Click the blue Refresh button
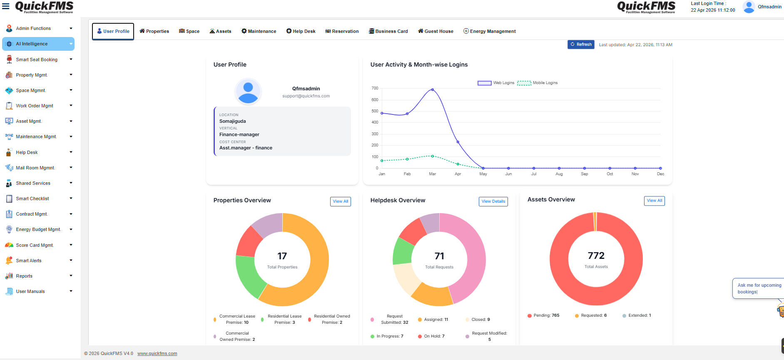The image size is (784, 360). point(581,45)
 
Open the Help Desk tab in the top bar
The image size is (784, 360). point(301,31)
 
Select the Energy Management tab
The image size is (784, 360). point(490,31)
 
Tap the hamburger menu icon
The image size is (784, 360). point(6,6)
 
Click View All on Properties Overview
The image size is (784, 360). point(341,201)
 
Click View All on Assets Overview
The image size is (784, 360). point(655,201)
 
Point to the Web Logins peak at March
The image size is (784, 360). point(433,89)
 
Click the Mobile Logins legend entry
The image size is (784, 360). point(538,83)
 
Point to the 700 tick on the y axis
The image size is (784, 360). point(375,88)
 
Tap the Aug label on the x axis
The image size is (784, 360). point(559,174)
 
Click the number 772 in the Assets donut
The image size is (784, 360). point(596,256)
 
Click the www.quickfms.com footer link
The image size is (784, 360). point(157,353)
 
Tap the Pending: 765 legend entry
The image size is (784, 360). point(544,315)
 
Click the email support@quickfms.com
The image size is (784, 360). point(306,96)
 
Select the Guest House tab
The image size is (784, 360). point(436,31)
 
